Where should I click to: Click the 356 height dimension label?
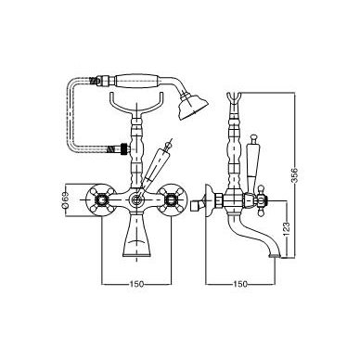[295, 175]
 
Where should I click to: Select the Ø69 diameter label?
[65, 200]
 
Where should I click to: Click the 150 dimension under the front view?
[136, 284]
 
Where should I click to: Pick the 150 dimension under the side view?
[240, 284]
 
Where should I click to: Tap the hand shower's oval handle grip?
[136, 81]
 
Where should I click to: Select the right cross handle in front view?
[171, 200]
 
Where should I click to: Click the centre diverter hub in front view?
[136, 200]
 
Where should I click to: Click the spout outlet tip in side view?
[275, 256]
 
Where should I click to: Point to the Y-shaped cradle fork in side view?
[234, 101]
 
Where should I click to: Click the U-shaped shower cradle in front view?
[136, 104]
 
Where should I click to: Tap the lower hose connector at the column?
[120, 148]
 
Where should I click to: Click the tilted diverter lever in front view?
[156, 163]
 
